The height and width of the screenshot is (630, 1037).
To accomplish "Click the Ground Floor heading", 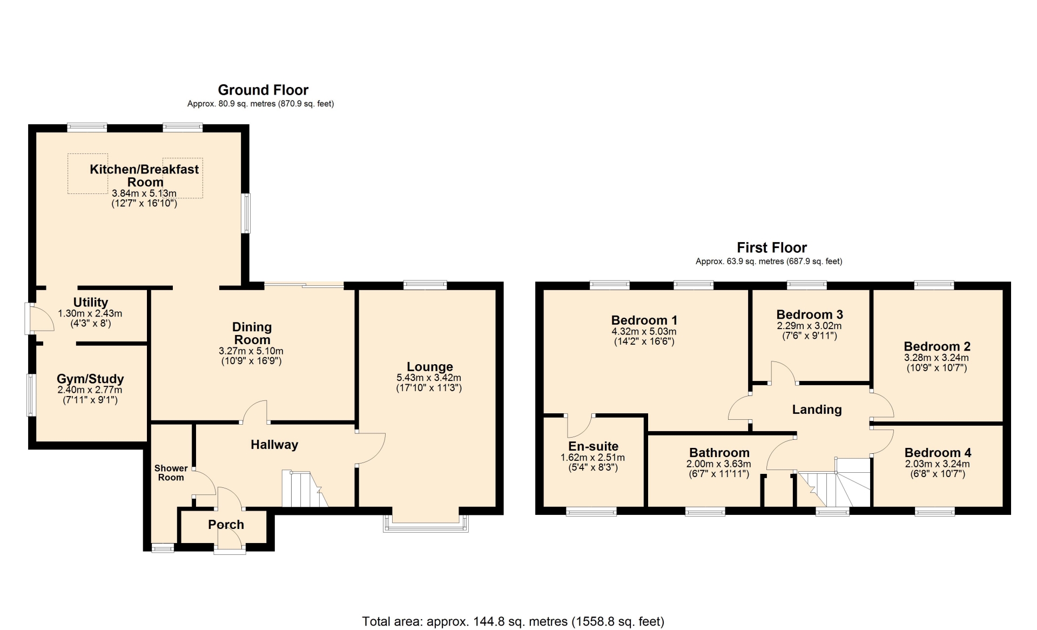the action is tap(263, 90).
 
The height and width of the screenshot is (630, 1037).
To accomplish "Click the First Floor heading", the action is tap(772, 247).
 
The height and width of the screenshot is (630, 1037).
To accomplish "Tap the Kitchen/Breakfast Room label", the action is tap(144, 176).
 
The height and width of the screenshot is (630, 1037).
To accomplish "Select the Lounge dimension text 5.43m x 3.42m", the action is tap(429, 378).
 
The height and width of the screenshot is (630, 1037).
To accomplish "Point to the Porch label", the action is tap(226, 525).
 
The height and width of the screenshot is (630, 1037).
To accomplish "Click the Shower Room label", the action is tap(171, 473).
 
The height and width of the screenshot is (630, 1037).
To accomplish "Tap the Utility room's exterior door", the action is tap(39, 318).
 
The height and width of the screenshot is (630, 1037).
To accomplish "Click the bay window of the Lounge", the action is tap(426, 524).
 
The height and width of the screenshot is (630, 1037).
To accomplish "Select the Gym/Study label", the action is tap(90, 379).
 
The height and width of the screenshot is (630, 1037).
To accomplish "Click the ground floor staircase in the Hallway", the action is tap(304, 489).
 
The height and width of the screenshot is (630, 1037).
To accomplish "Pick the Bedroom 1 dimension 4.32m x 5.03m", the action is tap(644, 332).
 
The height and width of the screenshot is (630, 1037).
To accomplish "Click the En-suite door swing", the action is tap(580, 427).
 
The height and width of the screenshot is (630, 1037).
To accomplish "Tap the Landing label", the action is tap(817, 410).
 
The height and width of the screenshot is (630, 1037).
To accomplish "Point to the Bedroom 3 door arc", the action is tap(783, 372).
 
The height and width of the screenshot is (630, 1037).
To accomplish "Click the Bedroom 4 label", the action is tap(938, 453).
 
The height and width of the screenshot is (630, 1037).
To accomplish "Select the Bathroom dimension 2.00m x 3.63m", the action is tap(718, 464).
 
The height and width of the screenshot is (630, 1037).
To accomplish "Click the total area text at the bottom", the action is tap(513, 621).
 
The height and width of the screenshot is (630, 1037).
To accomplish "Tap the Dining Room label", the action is tap(252, 333).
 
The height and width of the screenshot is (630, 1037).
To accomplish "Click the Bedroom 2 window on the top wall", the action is tap(934, 285).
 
